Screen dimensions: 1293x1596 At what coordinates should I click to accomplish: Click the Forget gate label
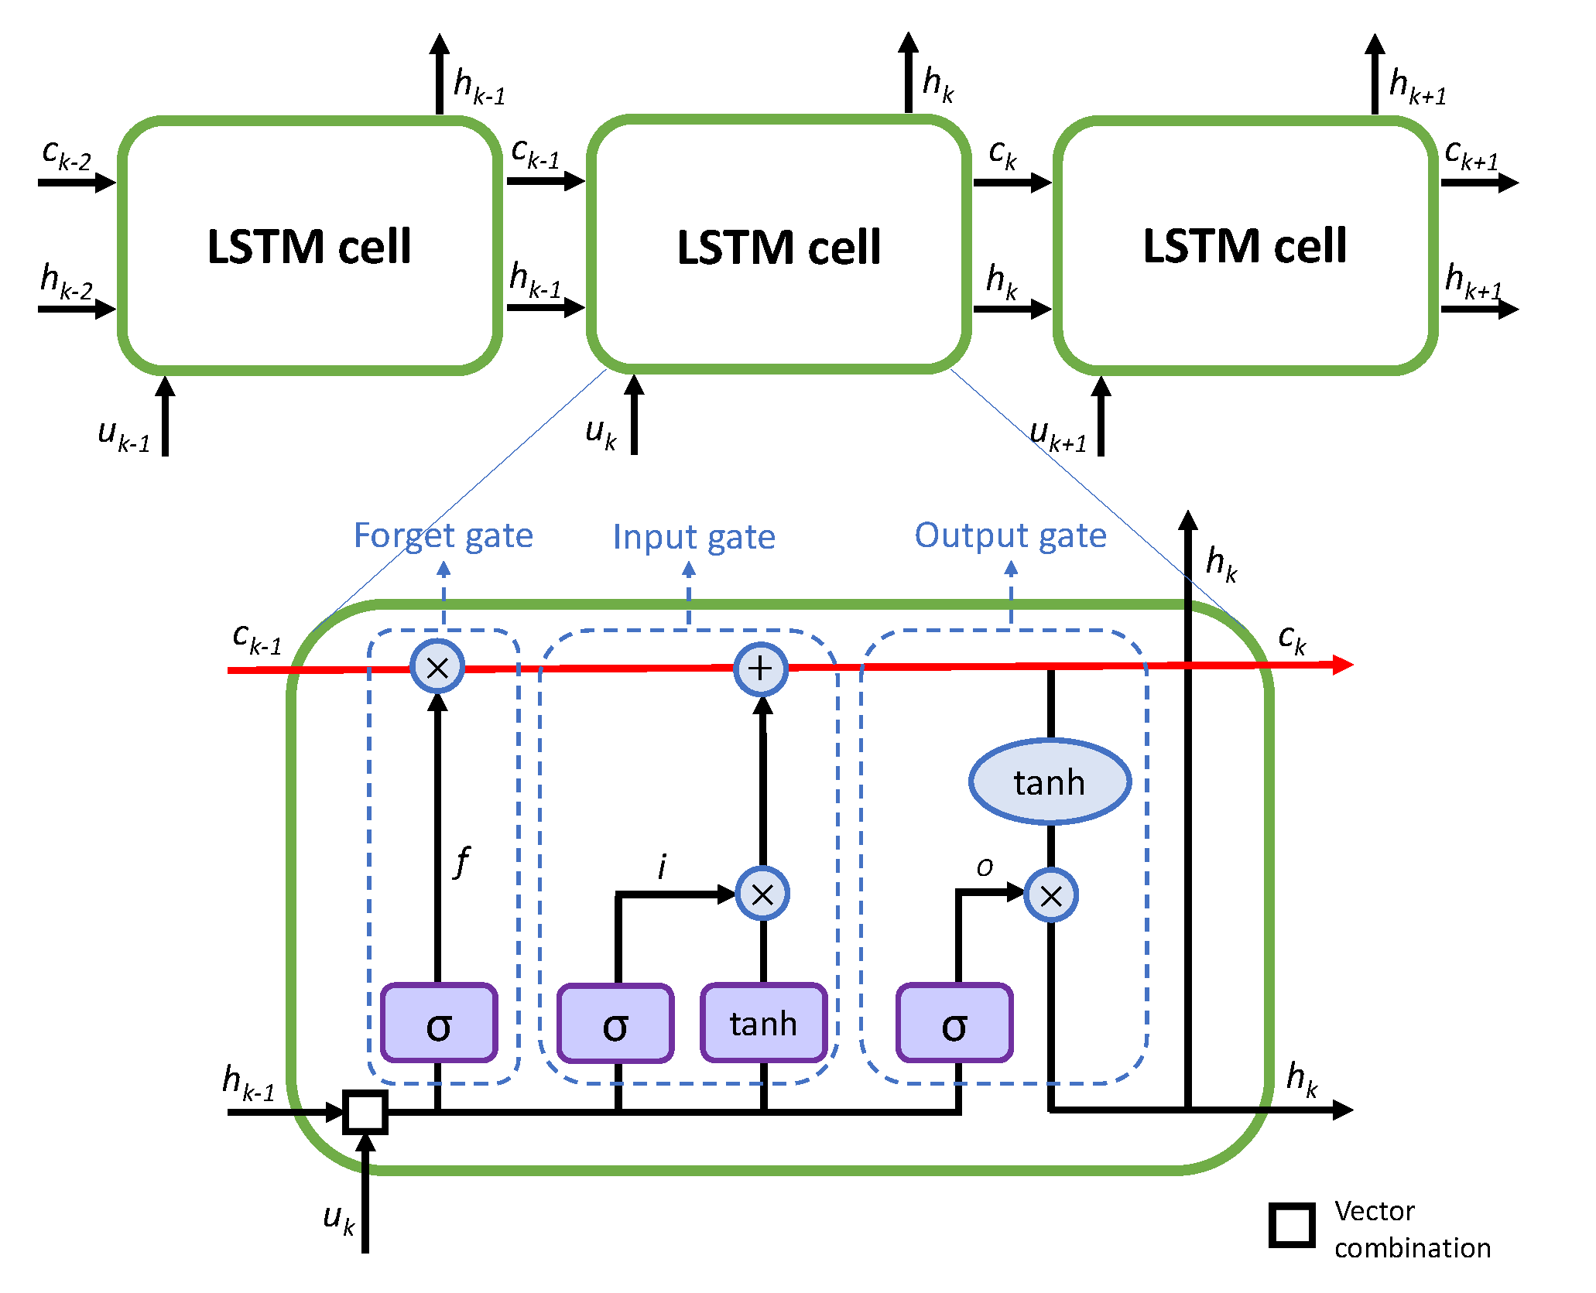coord(443,535)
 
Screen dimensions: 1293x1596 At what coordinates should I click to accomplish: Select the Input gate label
coord(694,537)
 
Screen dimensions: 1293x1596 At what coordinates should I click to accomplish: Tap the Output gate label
coord(1010,535)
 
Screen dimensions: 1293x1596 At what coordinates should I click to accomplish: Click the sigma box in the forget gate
coord(439,1023)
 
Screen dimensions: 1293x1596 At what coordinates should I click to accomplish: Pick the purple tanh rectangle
coord(763,1023)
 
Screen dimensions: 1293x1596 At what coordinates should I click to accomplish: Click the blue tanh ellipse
coord(1050,782)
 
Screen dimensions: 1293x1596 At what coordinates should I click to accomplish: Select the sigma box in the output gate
coord(954,1023)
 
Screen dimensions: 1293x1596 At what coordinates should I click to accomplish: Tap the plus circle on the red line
coord(761,669)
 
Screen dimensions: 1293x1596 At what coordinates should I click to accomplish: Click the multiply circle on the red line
coord(437,668)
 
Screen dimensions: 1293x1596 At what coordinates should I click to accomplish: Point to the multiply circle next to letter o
coord(1051,895)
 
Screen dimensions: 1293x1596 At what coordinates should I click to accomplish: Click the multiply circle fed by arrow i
coord(762,894)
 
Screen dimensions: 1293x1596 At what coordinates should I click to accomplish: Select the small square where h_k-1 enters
coord(365,1112)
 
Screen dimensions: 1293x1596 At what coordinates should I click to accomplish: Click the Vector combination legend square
coord(1292,1225)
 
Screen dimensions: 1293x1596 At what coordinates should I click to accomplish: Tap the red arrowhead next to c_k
coord(1342,665)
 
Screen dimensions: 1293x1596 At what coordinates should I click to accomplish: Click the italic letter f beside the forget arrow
coord(462,861)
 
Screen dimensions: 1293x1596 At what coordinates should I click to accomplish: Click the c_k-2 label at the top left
coord(66,154)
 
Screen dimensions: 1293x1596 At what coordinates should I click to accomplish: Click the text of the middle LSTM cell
coord(779,248)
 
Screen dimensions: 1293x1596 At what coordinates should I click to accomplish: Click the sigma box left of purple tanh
coord(615,1023)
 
